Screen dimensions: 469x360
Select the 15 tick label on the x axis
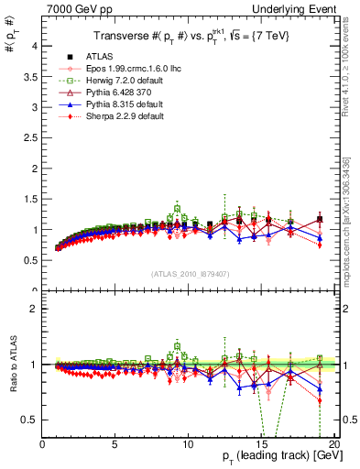coord(261,444)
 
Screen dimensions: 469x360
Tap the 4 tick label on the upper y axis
coord(33,44)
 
